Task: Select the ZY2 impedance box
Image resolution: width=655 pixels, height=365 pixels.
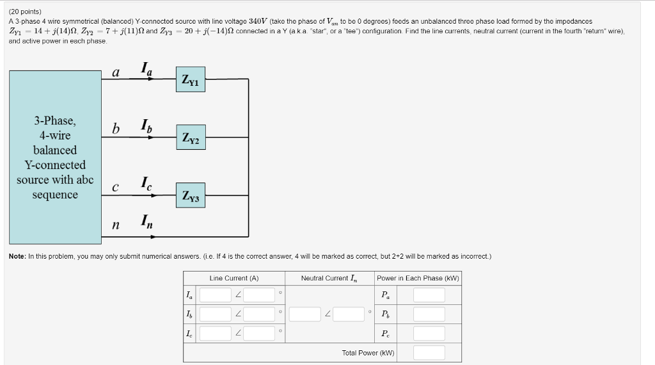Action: (x=191, y=137)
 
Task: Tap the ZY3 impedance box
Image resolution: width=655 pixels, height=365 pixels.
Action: (x=191, y=195)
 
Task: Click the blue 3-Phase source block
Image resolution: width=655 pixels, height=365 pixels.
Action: (x=55, y=158)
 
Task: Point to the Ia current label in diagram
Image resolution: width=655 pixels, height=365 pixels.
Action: (x=147, y=69)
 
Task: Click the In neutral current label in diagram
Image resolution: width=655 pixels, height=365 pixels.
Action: (x=147, y=223)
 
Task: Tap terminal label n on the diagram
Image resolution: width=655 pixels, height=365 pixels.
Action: (x=116, y=225)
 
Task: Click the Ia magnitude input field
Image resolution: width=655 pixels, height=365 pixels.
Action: (x=215, y=295)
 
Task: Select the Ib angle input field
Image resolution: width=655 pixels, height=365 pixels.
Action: (x=259, y=314)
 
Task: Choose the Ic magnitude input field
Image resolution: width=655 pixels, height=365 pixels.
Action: (x=215, y=334)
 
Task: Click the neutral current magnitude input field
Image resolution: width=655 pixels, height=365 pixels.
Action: (x=304, y=314)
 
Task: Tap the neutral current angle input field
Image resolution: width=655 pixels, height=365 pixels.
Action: (x=349, y=314)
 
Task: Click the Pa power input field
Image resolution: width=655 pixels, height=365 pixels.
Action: (x=429, y=295)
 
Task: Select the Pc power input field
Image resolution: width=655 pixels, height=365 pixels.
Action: (x=429, y=334)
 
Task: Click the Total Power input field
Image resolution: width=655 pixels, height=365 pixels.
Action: (x=429, y=353)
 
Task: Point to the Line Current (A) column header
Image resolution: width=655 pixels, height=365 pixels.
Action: (x=234, y=278)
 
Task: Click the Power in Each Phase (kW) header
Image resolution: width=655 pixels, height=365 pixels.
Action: (x=418, y=278)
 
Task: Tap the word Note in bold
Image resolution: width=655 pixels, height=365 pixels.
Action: (x=17, y=256)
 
